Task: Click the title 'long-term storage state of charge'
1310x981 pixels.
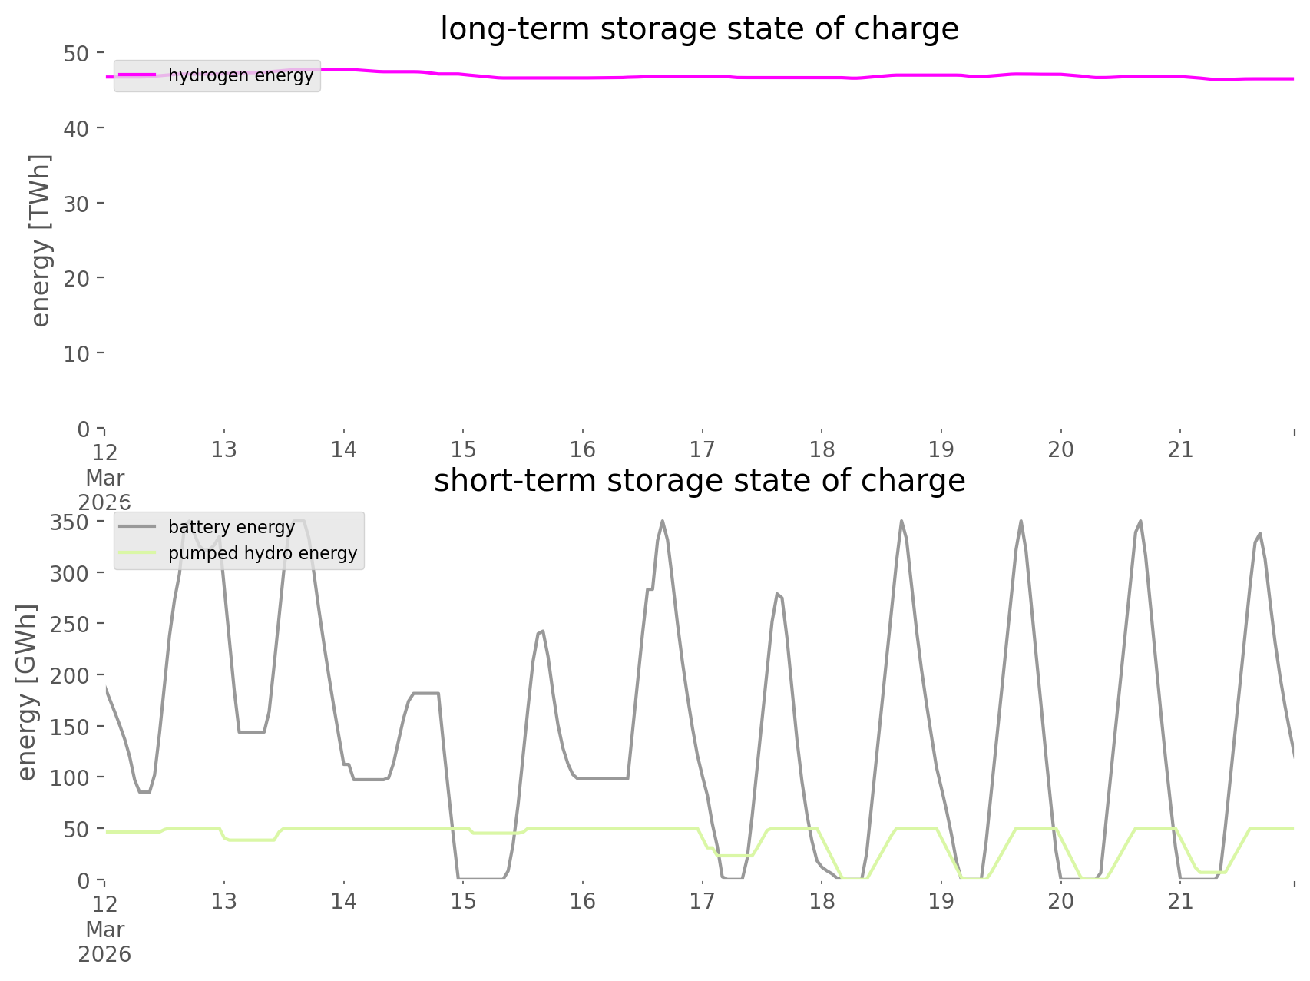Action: pyautogui.click(x=699, y=29)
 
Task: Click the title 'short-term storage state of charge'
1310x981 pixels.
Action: pyautogui.click(x=699, y=481)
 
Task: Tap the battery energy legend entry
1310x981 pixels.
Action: pyautogui.click(x=231, y=527)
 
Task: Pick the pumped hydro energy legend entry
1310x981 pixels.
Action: pyautogui.click(x=263, y=553)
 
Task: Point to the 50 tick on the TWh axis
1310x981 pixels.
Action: pyautogui.click(x=77, y=53)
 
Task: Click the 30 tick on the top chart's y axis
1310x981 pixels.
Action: pyautogui.click(x=77, y=204)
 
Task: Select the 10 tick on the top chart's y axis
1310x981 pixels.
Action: pyautogui.click(x=77, y=353)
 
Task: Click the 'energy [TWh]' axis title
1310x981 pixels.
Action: pyautogui.click(x=40, y=240)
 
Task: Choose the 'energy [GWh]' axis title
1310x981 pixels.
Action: pyautogui.click(x=26, y=691)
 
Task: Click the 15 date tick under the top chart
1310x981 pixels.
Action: pyautogui.click(x=463, y=449)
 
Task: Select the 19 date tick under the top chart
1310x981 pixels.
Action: pyautogui.click(x=941, y=449)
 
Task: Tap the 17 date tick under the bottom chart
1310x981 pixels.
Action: pyautogui.click(x=702, y=901)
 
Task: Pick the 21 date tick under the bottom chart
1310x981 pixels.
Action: pyautogui.click(x=1180, y=901)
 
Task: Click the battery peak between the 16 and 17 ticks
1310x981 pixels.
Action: pyautogui.click(x=662, y=522)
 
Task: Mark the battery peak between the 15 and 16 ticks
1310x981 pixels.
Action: pyautogui.click(x=542, y=631)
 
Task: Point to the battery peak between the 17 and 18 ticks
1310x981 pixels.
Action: pyautogui.click(x=777, y=593)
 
